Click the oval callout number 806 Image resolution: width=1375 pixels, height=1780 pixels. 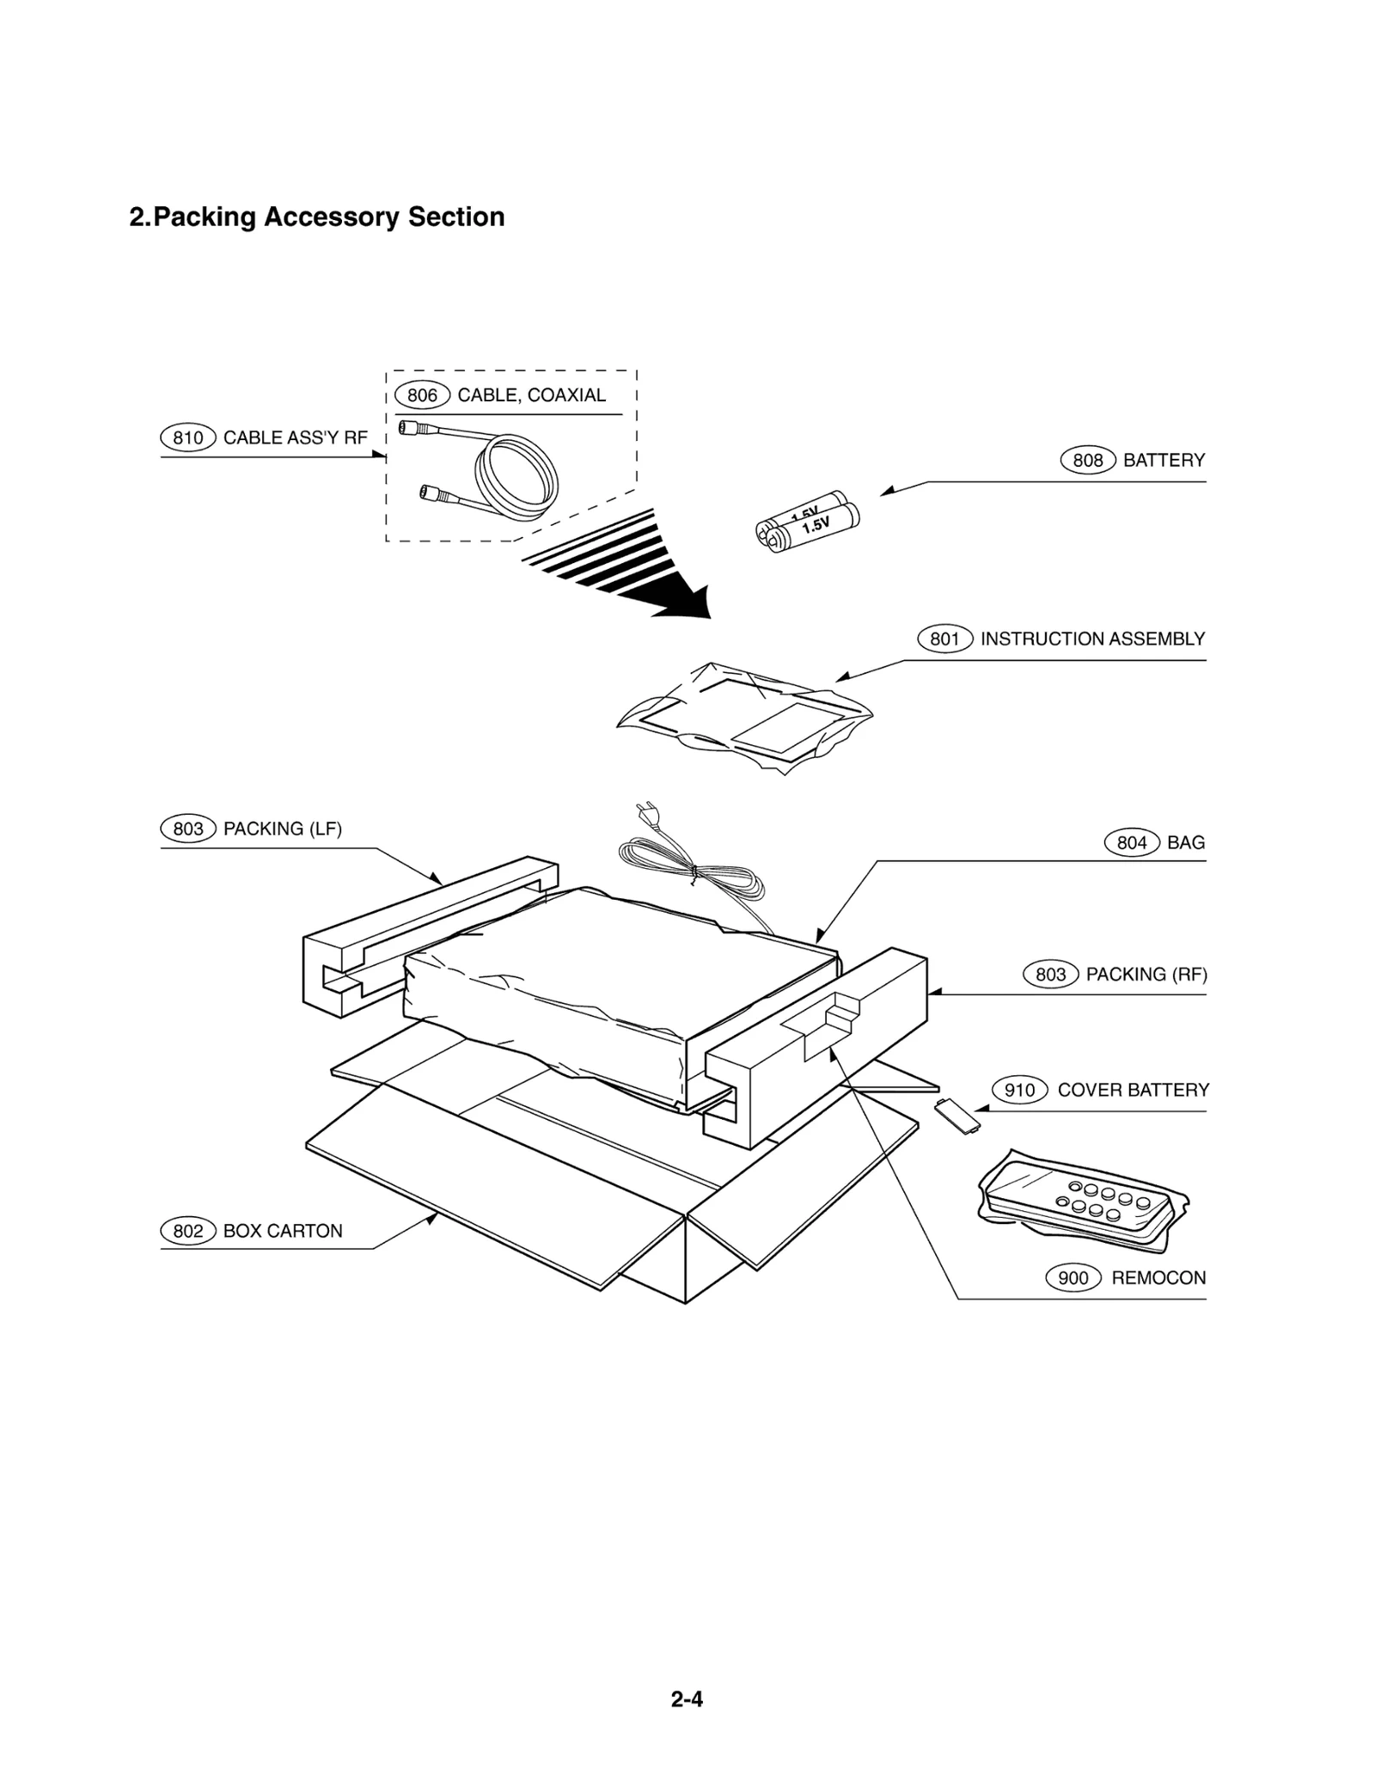click(422, 395)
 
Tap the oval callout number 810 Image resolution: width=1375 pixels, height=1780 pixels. click(188, 438)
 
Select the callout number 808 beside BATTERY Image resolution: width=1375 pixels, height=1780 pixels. click(1087, 461)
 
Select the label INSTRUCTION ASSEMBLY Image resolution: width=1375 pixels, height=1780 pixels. click(1092, 639)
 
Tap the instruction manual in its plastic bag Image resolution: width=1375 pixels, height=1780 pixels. click(743, 718)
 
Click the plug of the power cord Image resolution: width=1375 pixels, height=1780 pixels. click(643, 812)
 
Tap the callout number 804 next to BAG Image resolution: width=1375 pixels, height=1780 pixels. click(1131, 843)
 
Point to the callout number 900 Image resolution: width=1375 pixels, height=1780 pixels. click(1072, 1278)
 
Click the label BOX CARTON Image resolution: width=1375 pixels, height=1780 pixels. click(283, 1232)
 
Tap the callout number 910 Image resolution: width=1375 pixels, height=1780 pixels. click(1019, 1091)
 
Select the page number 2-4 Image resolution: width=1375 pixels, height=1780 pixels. click(687, 1699)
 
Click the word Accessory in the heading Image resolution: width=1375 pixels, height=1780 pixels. click(332, 217)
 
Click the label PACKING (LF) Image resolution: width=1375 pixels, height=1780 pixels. click(283, 829)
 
